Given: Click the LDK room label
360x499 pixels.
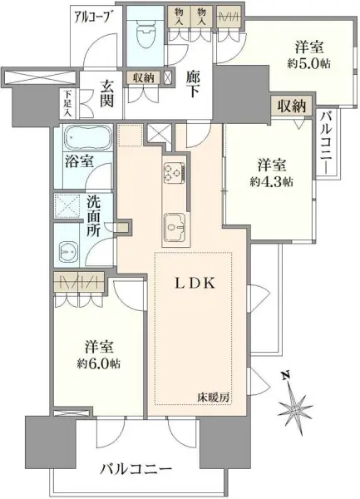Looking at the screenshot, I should click(196, 283).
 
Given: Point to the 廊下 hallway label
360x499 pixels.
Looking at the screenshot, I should click(191, 82).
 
